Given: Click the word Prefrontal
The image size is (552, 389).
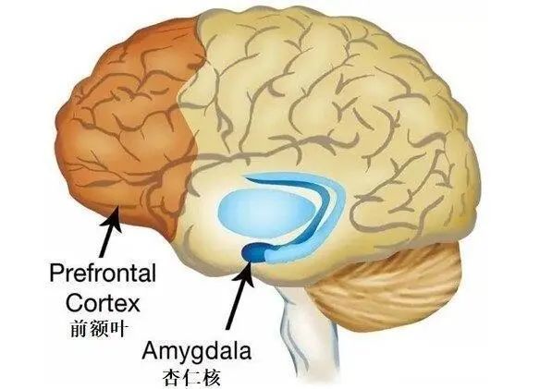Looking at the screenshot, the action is [x=103, y=273].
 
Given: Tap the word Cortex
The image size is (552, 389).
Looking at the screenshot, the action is [x=103, y=303].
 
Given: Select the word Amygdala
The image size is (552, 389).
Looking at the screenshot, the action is [x=196, y=352].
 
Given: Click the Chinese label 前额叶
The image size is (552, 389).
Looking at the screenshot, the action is [x=98, y=329].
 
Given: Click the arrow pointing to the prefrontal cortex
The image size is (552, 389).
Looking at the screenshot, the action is [x=109, y=233].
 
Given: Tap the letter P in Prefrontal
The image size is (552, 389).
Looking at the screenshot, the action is [x=56, y=273].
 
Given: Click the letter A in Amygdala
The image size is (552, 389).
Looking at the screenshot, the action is [x=151, y=350].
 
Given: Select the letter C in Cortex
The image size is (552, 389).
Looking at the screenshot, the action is [x=74, y=303].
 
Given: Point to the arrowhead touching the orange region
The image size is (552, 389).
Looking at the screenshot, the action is [x=114, y=219].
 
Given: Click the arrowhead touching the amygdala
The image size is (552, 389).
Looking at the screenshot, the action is [x=245, y=273].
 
